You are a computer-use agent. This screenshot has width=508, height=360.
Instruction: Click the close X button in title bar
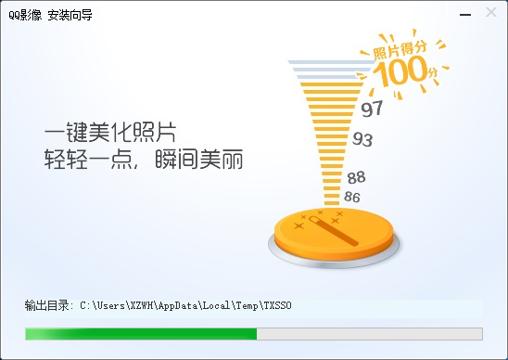[490, 13]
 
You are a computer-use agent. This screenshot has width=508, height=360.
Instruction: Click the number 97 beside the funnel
[372, 109]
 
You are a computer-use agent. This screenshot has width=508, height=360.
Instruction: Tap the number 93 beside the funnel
[362, 140]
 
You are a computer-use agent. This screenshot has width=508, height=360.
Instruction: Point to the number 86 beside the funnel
[352, 197]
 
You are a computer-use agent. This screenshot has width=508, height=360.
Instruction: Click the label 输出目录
[47, 305]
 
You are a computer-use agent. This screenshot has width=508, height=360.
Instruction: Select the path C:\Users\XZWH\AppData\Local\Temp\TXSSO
[185, 305]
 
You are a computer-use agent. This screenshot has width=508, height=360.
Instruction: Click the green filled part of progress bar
[140, 334]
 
